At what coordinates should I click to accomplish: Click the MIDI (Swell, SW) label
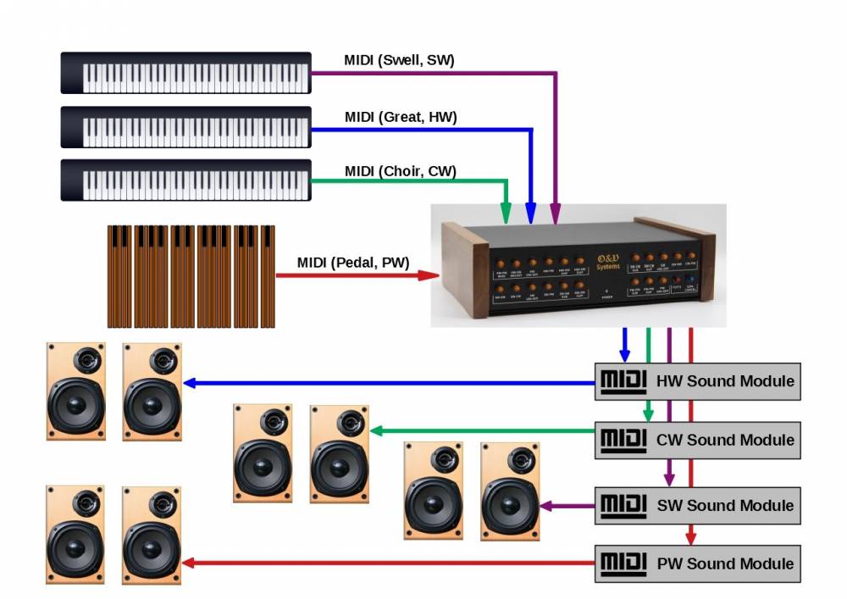pyautogui.click(x=400, y=60)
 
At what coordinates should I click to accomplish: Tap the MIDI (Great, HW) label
pyautogui.click(x=401, y=117)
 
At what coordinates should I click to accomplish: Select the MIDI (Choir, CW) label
pyautogui.click(x=400, y=172)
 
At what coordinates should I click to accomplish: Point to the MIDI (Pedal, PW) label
pyautogui.click(x=352, y=262)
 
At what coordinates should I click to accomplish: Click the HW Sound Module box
pyautogui.click(x=697, y=381)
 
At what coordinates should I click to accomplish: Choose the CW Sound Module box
pyautogui.click(x=697, y=440)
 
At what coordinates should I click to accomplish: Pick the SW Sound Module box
pyautogui.click(x=697, y=506)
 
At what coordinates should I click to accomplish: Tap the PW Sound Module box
pyautogui.click(x=697, y=563)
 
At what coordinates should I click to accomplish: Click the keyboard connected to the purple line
pyautogui.click(x=185, y=73)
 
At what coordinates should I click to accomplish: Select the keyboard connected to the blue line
pyautogui.click(x=185, y=128)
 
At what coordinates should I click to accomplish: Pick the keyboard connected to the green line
pyautogui.click(x=185, y=180)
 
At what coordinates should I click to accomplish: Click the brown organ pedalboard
pyautogui.click(x=191, y=276)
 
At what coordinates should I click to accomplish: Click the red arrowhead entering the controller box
pyautogui.click(x=431, y=275)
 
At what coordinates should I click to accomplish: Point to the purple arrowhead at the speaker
pyautogui.click(x=546, y=506)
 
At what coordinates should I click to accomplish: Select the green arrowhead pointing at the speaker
pyautogui.click(x=375, y=431)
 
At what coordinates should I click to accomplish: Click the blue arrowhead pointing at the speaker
pyautogui.click(x=190, y=383)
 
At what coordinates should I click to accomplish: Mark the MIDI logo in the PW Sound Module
pyautogui.click(x=623, y=563)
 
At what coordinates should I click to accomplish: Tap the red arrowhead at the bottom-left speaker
pyautogui.click(x=189, y=563)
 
